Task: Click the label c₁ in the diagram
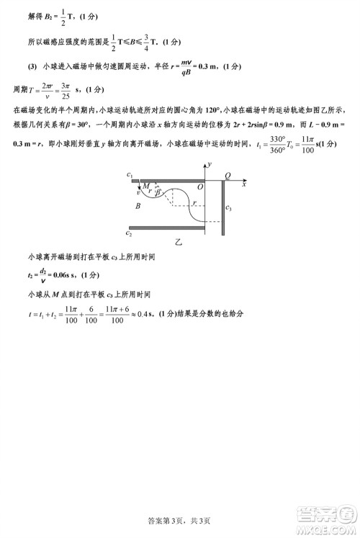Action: (129, 176)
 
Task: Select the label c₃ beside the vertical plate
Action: (228, 208)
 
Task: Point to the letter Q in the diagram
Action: (228, 175)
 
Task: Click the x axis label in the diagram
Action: (244, 184)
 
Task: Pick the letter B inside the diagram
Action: (137, 206)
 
